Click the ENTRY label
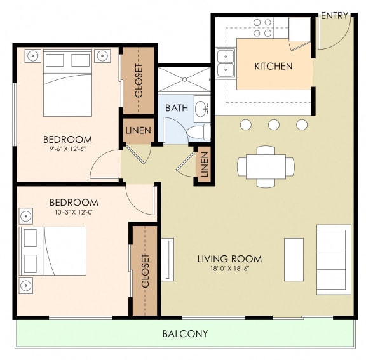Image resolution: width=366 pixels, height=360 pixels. [334, 16]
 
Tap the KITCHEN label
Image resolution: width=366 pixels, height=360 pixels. [273, 66]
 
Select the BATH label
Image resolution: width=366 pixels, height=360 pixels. [177, 108]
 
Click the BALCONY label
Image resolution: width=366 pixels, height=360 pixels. [185, 334]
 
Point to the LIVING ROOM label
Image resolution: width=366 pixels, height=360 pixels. [229, 259]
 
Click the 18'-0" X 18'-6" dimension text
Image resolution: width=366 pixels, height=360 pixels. [229, 269]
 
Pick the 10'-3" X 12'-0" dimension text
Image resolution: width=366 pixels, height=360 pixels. [74, 212]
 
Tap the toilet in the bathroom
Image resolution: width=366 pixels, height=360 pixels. [199, 133]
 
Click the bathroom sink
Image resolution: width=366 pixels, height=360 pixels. [202, 109]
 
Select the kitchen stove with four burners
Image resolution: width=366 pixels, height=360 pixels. [262, 28]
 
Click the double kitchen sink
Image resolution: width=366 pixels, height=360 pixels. [226, 63]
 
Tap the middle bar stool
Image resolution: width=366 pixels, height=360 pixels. [274, 124]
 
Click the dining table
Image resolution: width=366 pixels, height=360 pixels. [266, 166]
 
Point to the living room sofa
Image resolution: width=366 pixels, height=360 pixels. [334, 260]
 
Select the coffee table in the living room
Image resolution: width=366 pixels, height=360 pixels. [294, 260]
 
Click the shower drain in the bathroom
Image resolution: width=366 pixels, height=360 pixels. [184, 79]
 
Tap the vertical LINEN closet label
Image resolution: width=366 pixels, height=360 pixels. [204, 164]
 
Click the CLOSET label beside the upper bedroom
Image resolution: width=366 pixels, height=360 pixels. [139, 81]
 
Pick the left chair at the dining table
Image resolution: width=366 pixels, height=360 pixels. [241, 167]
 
